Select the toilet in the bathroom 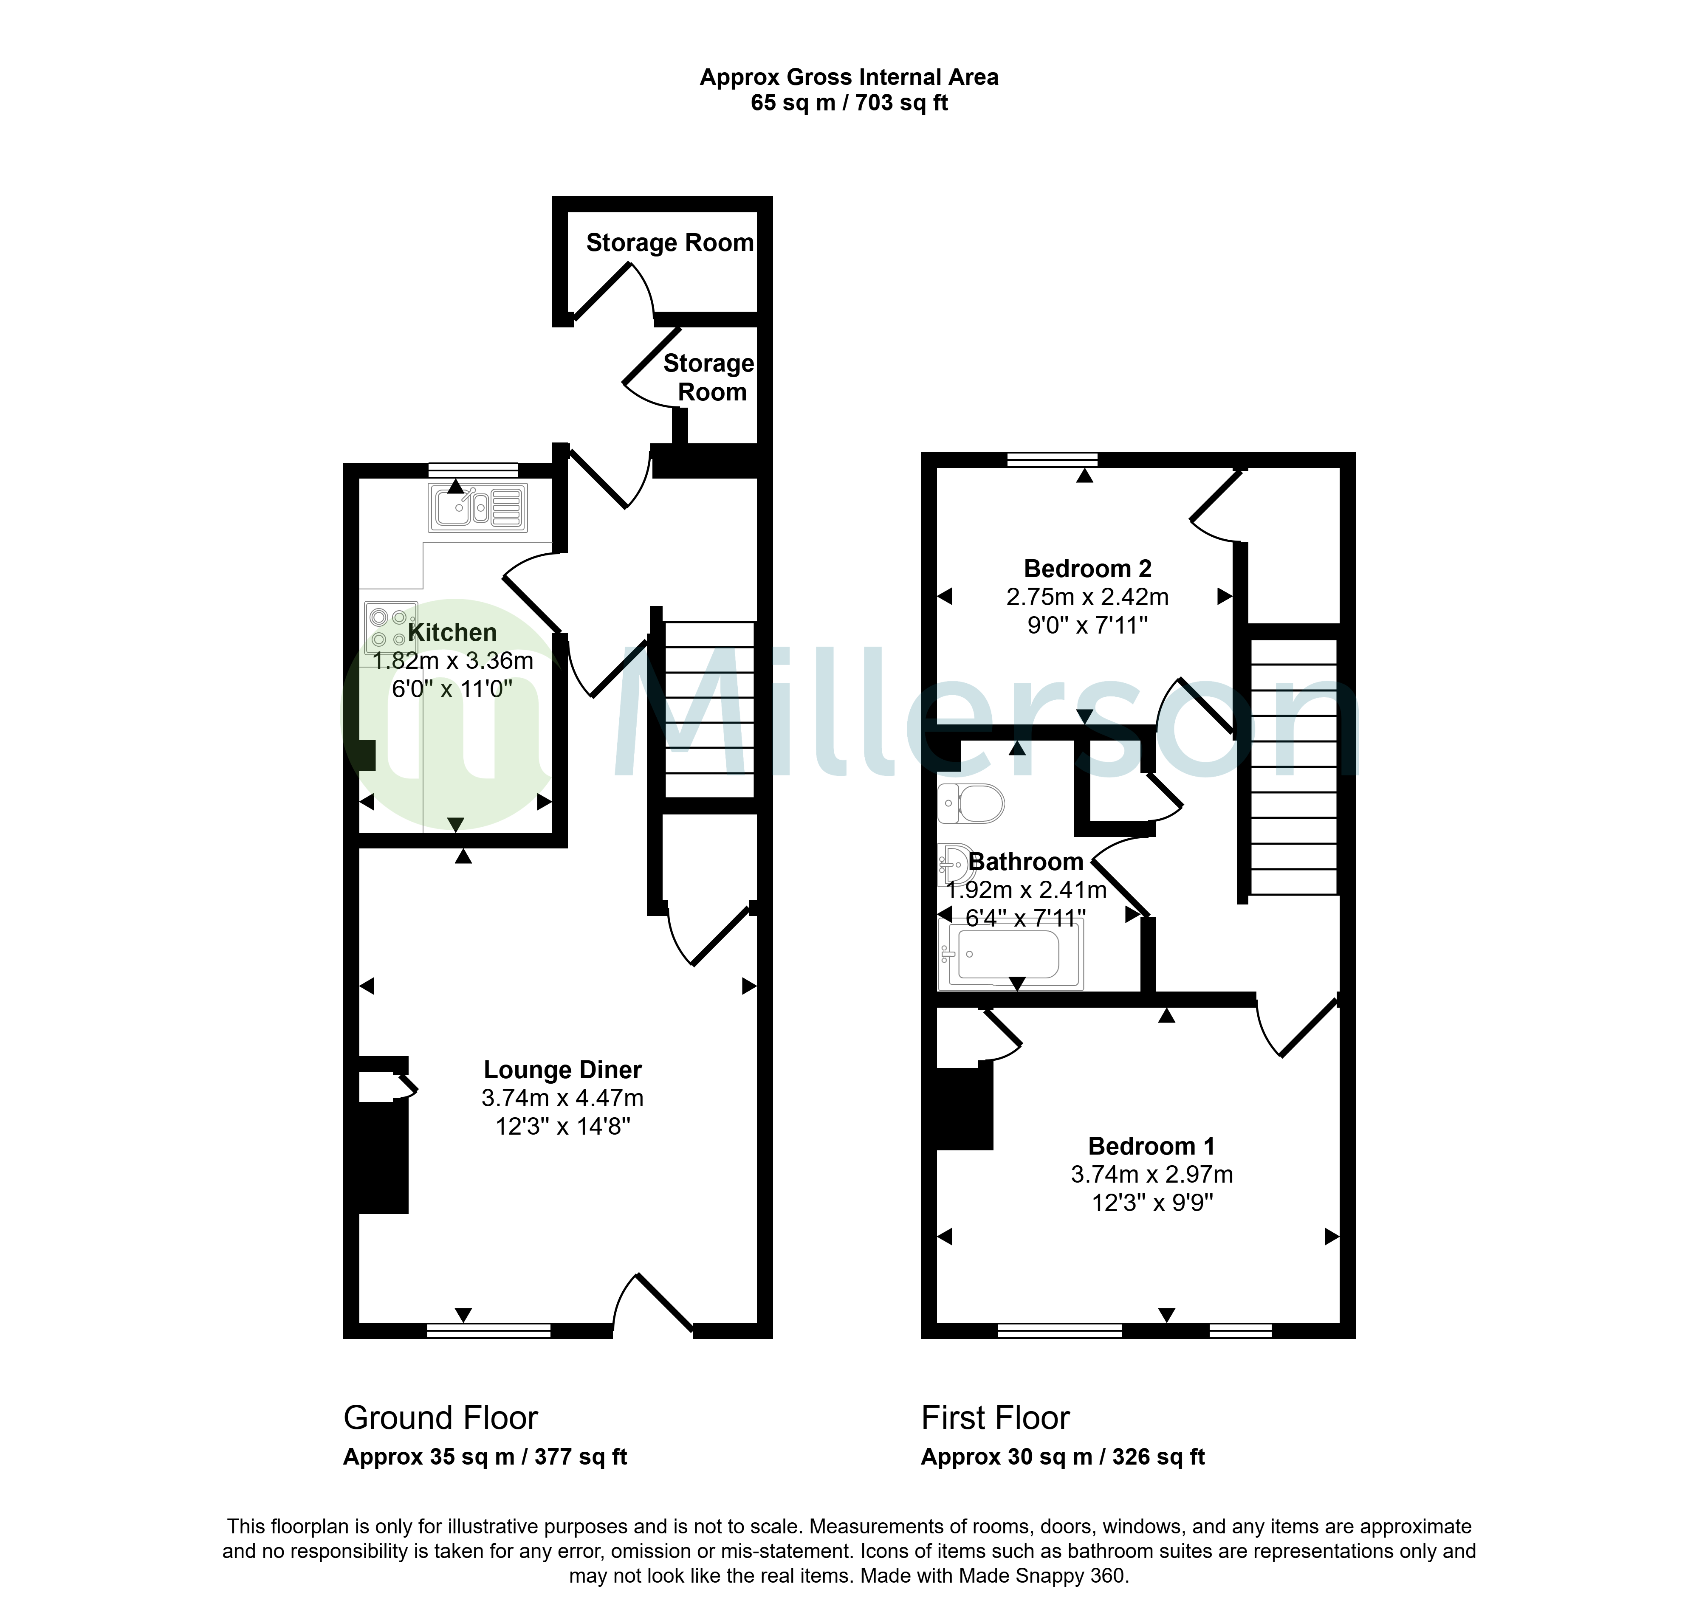pos(971,803)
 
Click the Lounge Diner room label pos(562,1070)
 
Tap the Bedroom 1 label pos(1151,1146)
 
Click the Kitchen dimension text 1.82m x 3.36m pos(453,661)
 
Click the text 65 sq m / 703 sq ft pos(849,103)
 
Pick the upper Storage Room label pos(669,242)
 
